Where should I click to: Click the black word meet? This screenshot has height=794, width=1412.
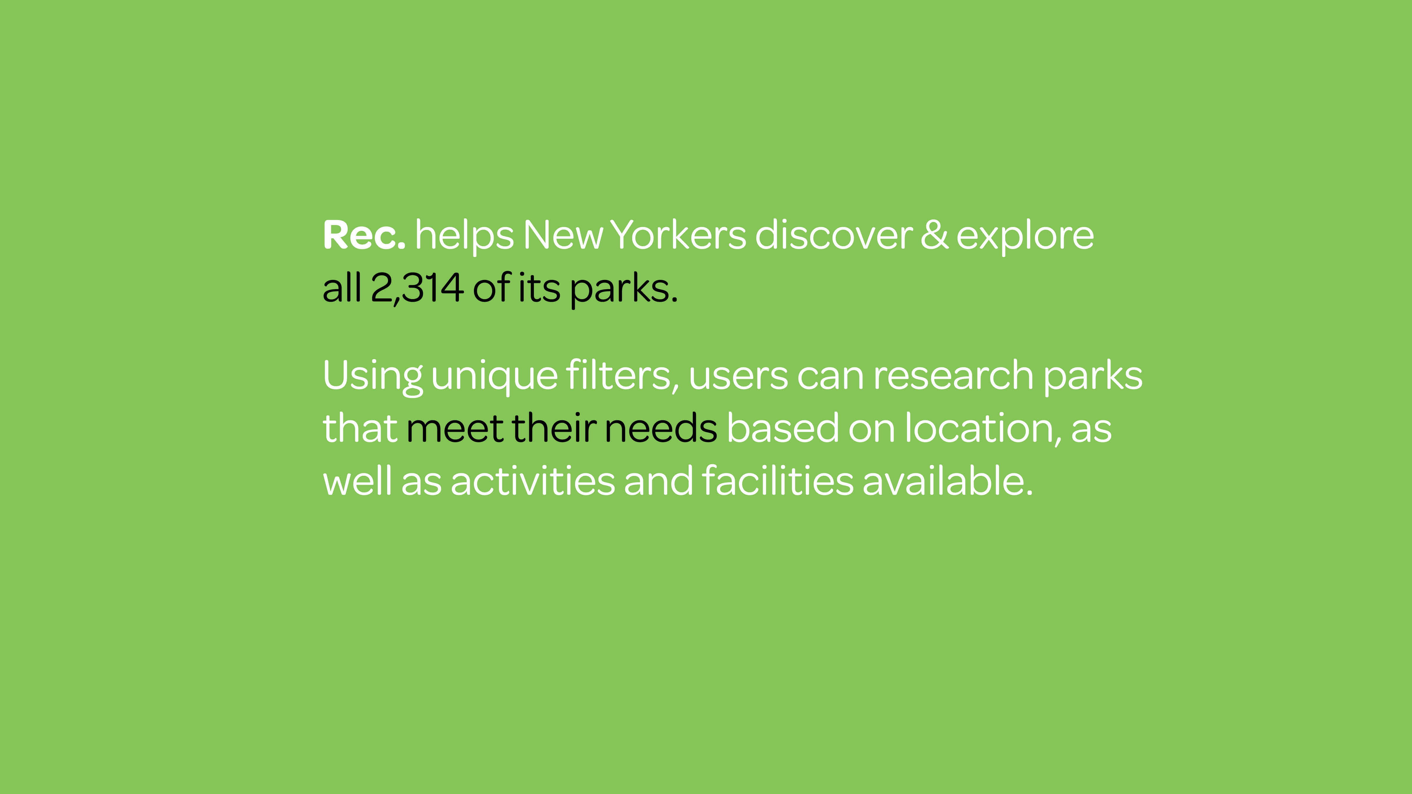click(454, 428)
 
